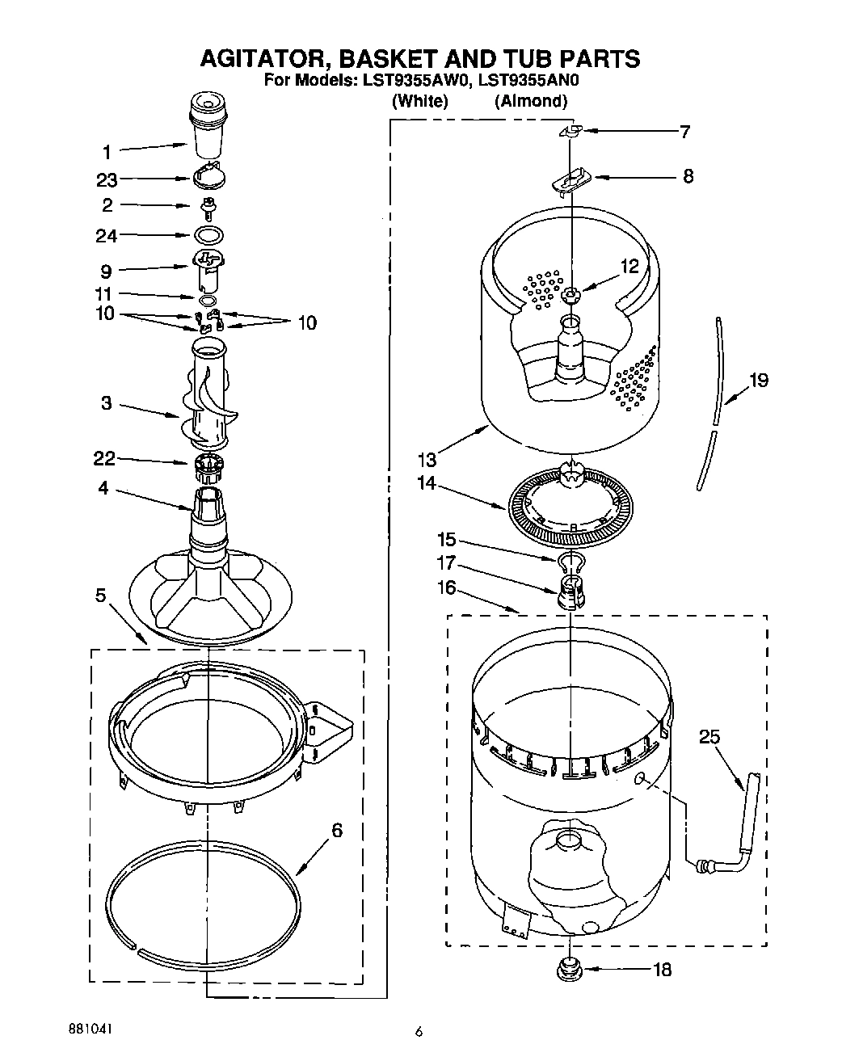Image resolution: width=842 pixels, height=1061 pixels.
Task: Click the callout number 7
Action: (684, 132)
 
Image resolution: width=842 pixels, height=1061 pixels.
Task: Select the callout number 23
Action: (107, 180)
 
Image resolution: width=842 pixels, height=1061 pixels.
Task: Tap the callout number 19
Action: (758, 380)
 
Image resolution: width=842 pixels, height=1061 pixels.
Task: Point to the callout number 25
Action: (709, 736)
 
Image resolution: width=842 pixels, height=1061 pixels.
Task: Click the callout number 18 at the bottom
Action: (661, 969)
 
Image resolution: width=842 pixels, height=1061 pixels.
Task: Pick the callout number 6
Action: (336, 830)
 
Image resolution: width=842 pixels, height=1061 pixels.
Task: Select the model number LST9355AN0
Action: (528, 81)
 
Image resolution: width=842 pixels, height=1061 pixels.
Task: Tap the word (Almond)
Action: (530, 101)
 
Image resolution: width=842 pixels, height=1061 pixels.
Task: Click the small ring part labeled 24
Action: (209, 235)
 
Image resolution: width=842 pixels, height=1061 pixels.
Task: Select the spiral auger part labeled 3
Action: (208, 396)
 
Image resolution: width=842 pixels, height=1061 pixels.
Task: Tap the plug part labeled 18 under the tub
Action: (571, 967)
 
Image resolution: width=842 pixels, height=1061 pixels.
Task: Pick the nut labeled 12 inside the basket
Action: (570, 296)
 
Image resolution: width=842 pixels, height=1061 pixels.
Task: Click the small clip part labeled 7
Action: (572, 131)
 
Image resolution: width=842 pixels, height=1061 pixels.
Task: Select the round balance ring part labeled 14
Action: (571, 509)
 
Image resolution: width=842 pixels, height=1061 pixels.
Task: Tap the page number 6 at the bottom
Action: (419, 1031)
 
